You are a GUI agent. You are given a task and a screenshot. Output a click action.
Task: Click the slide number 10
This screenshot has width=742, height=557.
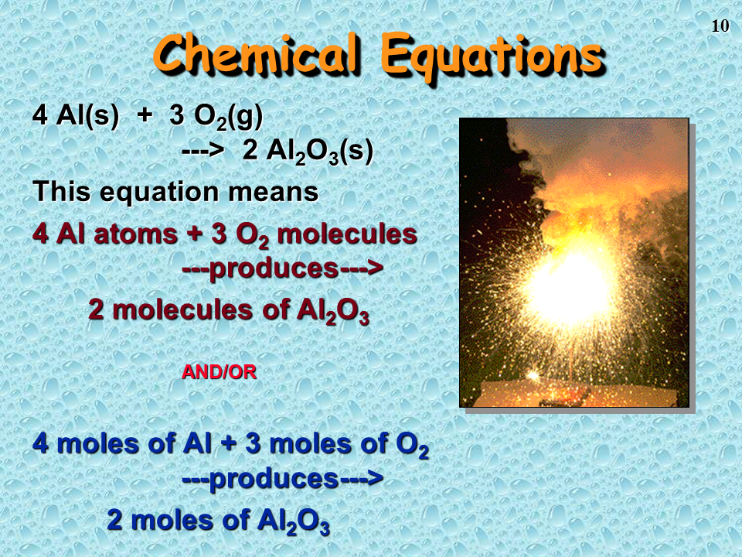click(x=720, y=26)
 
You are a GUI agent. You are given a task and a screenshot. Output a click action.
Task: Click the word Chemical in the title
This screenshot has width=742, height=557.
click(x=255, y=53)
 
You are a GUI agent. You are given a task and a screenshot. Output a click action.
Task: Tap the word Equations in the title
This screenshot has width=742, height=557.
click(x=492, y=58)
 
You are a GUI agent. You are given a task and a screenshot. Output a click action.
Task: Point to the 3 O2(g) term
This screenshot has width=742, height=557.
click(x=216, y=117)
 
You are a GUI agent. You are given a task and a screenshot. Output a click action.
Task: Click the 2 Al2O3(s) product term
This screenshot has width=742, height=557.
click(x=308, y=152)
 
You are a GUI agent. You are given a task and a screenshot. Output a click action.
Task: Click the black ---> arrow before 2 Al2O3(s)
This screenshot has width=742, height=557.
click(x=203, y=151)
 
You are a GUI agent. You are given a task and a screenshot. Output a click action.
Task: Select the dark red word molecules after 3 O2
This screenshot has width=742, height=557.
click(x=347, y=234)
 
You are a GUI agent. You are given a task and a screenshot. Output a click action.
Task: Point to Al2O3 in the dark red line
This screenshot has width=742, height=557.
click(x=333, y=311)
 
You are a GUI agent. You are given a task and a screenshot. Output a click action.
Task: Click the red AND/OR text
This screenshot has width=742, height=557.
click(x=219, y=372)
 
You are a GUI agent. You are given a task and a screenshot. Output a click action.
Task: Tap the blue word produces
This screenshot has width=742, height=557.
click(x=274, y=480)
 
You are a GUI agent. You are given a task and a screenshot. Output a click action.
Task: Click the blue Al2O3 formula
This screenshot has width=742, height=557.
click(x=294, y=521)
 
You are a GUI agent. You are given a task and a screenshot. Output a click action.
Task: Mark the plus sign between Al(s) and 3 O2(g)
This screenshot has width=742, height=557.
click(x=145, y=115)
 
